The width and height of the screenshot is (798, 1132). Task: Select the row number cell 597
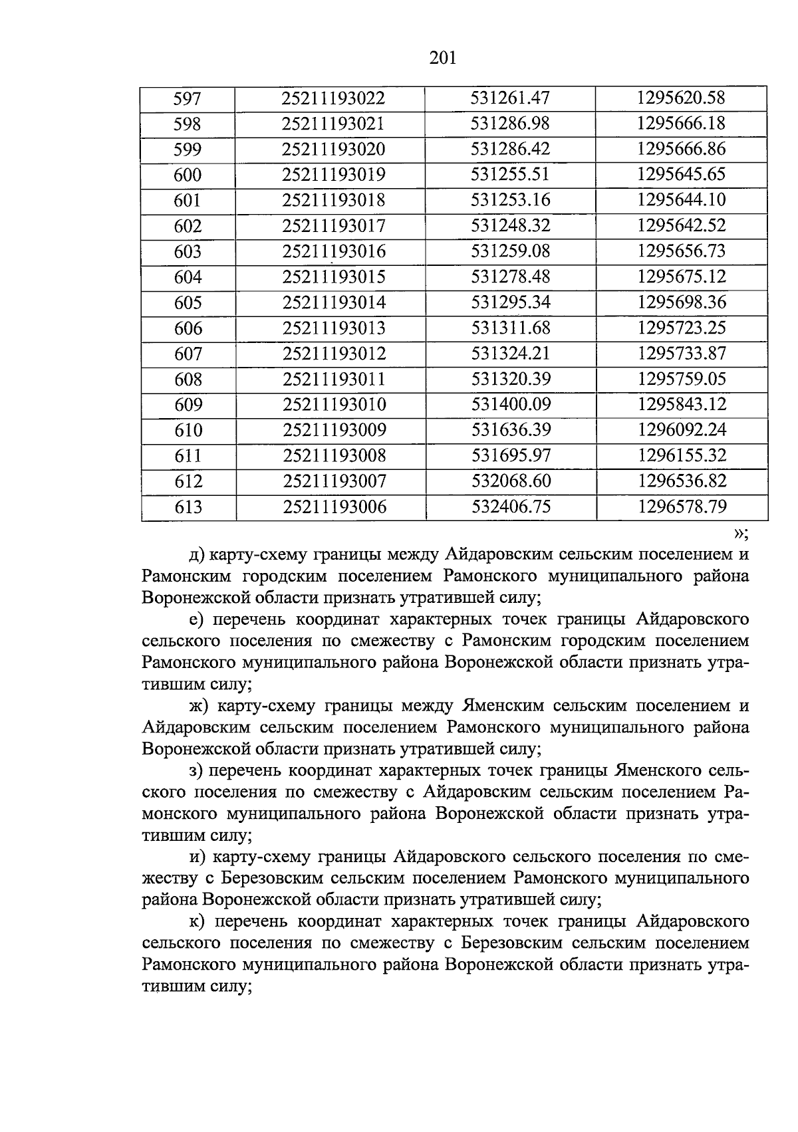tap(187, 99)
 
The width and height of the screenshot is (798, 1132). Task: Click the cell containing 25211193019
tap(334, 175)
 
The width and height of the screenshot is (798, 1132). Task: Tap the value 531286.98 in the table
tap(510, 124)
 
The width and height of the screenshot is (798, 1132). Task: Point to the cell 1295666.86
tap(681, 149)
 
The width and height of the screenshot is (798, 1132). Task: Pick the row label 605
tap(188, 303)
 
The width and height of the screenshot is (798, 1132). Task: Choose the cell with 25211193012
tap(334, 354)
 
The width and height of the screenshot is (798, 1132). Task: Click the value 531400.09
tap(511, 404)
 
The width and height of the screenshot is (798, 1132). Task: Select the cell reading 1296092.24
tap(682, 429)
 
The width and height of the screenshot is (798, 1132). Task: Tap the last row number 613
tap(188, 507)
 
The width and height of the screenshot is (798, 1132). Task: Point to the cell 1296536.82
tap(682, 481)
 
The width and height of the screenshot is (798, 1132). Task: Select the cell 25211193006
tap(334, 507)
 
